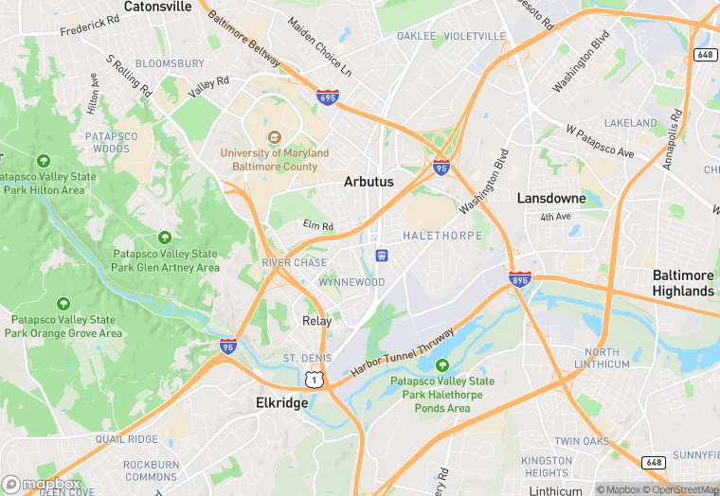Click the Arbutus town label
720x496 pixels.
click(x=369, y=182)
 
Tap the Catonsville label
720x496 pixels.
click(x=157, y=7)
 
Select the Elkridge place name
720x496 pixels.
click(x=282, y=403)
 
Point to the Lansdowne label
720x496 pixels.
click(x=551, y=199)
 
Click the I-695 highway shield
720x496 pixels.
click(x=328, y=97)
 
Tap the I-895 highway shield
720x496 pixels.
click(x=520, y=281)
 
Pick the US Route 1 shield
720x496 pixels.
click(x=314, y=380)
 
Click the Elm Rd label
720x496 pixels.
click(x=318, y=226)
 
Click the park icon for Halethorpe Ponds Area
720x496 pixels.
click(x=442, y=366)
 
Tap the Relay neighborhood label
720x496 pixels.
click(x=317, y=321)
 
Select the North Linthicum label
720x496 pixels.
click(x=602, y=358)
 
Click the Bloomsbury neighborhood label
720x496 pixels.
click(x=170, y=63)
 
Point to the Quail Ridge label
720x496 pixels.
click(x=126, y=439)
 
